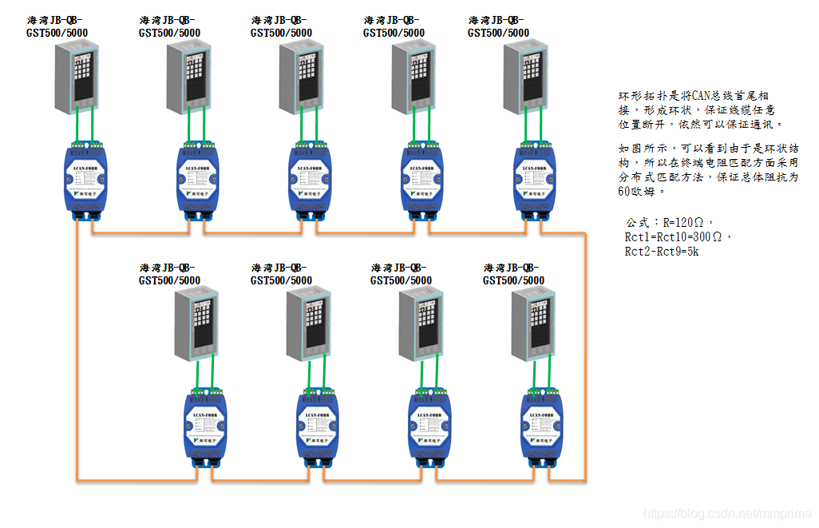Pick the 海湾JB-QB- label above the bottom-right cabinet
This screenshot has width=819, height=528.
[x=512, y=267]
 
